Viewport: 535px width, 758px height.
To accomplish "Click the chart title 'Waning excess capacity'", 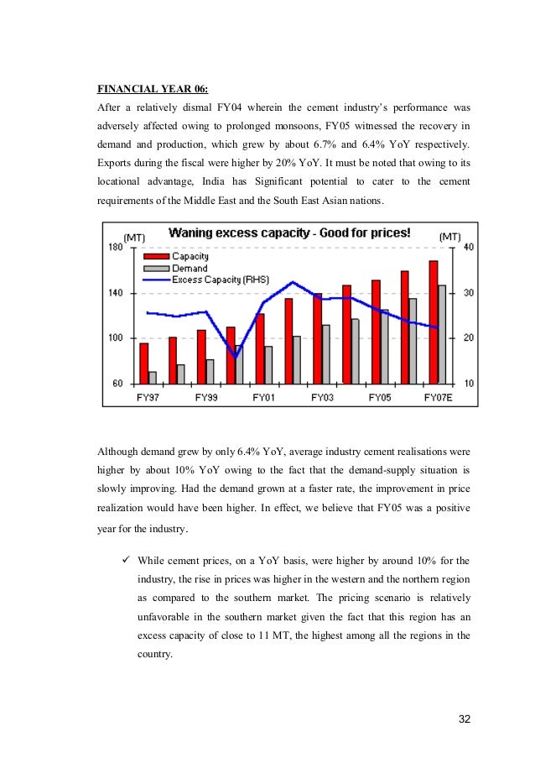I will [x=289, y=233].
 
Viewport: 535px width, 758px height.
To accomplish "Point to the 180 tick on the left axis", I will [x=115, y=248].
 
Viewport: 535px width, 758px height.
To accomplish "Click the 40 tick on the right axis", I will [x=468, y=248].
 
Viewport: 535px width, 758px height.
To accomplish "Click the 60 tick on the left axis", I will [x=118, y=384].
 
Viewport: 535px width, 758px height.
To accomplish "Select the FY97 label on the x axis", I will [x=148, y=396].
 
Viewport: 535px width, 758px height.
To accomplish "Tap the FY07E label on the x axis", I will [x=438, y=396].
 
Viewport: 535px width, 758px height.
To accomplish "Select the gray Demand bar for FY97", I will [x=153, y=377].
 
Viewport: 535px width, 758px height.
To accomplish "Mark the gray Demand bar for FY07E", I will [x=442, y=334].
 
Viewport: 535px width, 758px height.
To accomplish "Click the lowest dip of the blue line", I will [x=236, y=357].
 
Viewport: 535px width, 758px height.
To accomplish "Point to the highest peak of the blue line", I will [x=293, y=282].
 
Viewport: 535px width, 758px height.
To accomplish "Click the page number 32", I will [x=465, y=719].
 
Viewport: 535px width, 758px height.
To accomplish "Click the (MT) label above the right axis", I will [x=450, y=238].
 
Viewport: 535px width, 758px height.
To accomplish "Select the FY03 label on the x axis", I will [x=323, y=396].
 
